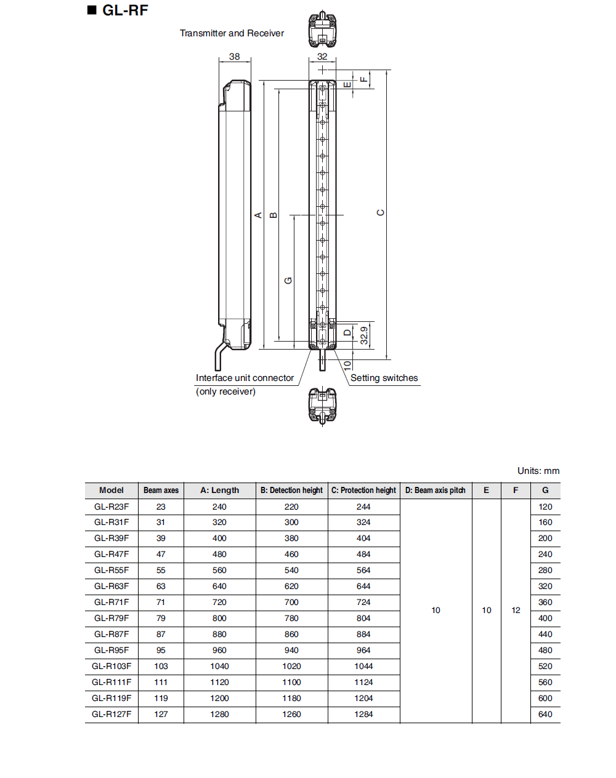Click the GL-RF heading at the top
pyautogui.click(x=124, y=10)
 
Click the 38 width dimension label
pyautogui.click(x=235, y=57)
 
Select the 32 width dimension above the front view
pyautogui.click(x=322, y=57)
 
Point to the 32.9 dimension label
pyautogui.click(x=364, y=335)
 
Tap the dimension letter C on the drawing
pyautogui.click(x=380, y=212)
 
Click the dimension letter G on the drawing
pyautogui.click(x=288, y=280)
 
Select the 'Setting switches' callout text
pyautogui.click(x=384, y=378)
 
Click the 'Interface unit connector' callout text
pyautogui.click(x=245, y=378)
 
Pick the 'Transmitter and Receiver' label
pyautogui.click(x=232, y=33)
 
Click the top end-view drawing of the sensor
pyautogui.click(x=322, y=30)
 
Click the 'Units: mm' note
pyautogui.click(x=538, y=471)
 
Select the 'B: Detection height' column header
pyautogui.click(x=291, y=491)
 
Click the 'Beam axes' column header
pyautogui.click(x=161, y=491)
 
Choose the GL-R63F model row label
pyautogui.click(x=111, y=587)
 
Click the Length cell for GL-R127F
pyautogui.click(x=219, y=715)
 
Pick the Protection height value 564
pyautogui.click(x=363, y=571)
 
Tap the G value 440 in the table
pyautogui.click(x=545, y=635)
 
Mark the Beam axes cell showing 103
pyautogui.click(x=161, y=667)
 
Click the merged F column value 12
pyautogui.click(x=516, y=611)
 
